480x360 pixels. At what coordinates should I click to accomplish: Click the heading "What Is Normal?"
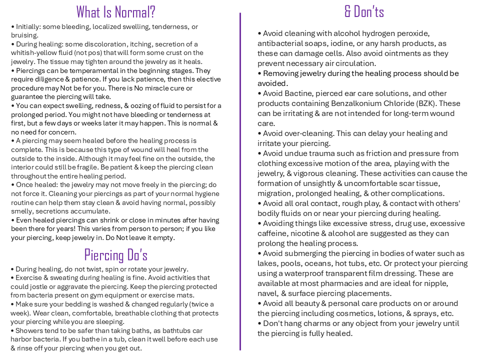point(115,11)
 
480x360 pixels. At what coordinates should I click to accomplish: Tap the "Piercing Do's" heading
point(115,255)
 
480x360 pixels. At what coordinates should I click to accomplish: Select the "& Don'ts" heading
point(364,11)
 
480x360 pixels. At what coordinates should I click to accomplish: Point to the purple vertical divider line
point(240,180)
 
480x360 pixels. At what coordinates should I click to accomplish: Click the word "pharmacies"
point(320,283)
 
